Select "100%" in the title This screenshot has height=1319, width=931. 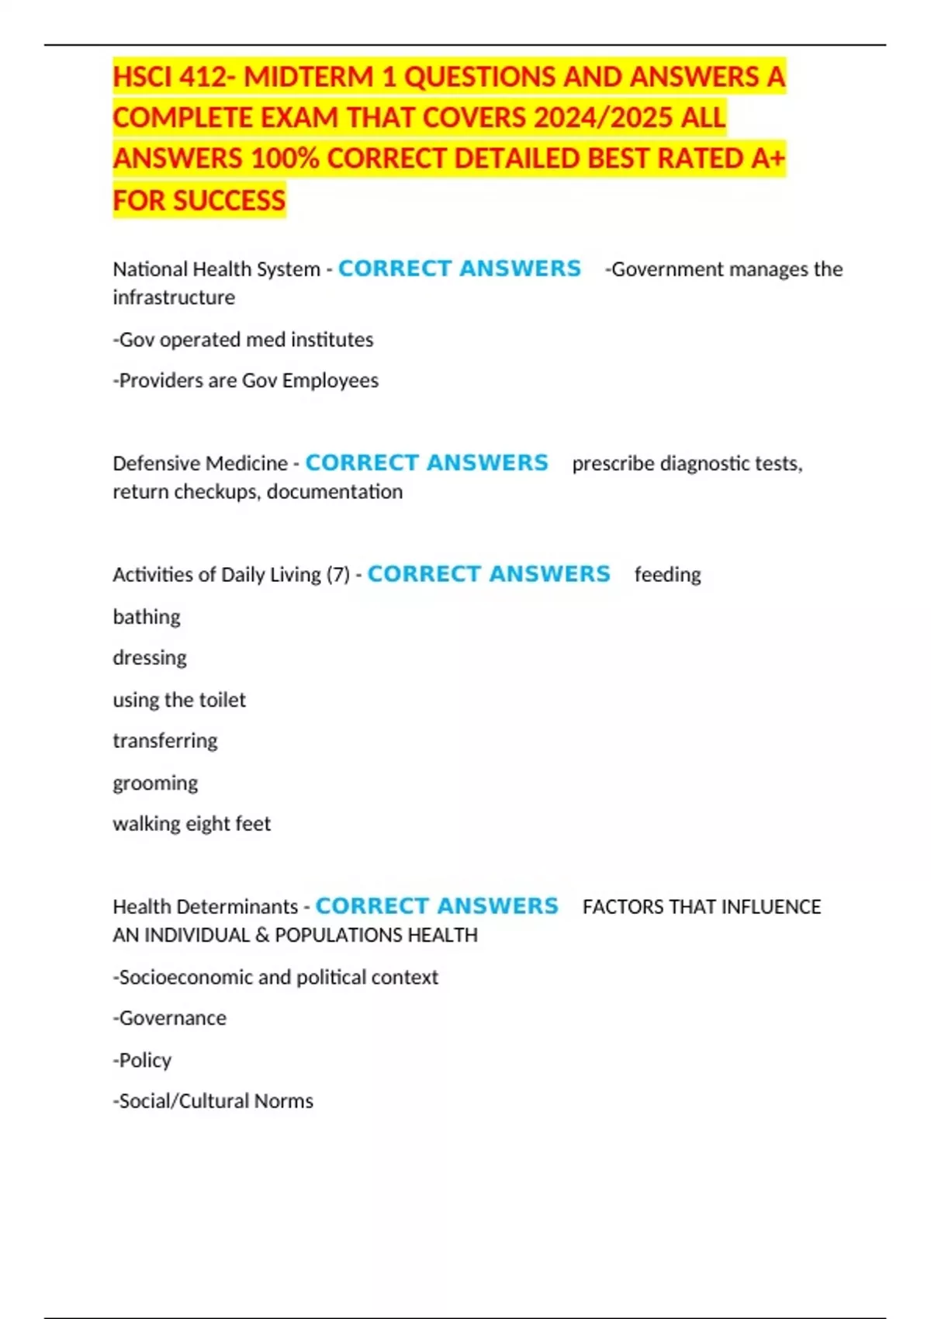[x=285, y=159]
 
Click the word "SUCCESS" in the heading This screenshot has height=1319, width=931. [x=230, y=200]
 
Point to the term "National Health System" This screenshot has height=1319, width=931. [x=216, y=269]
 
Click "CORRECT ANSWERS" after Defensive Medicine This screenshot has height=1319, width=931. [x=427, y=462]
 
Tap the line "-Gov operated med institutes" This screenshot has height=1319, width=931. [x=243, y=340]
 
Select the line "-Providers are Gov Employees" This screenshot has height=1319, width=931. [x=246, y=381]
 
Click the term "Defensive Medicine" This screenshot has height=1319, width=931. [x=200, y=463]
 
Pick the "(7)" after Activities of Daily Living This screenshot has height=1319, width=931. [x=338, y=575]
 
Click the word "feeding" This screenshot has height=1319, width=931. [x=667, y=575]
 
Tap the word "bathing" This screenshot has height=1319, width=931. [x=147, y=617]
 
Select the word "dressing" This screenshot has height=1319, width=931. [x=150, y=658]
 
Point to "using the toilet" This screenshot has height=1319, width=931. [x=179, y=700]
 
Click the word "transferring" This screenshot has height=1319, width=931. [x=165, y=741]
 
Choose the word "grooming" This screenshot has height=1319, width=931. [x=155, y=783]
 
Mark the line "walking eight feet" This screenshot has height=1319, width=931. [x=192, y=824]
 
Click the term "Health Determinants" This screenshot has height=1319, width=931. [x=206, y=907]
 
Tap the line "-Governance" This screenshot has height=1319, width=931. [x=170, y=1018]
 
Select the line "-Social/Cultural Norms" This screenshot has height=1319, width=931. [x=213, y=1101]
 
